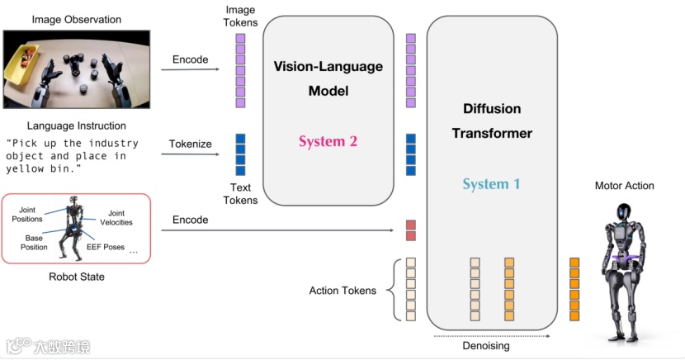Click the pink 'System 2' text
(328, 141)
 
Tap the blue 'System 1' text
(492, 184)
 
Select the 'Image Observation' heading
(77, 20)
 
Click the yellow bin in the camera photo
(21, 66)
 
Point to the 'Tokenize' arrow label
(190, 144)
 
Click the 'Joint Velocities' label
(116, 218)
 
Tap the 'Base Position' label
(34, 243)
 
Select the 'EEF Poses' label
(106, 247)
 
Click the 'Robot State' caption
(77, 277)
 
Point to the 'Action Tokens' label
(342, 291)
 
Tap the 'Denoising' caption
(486, 346)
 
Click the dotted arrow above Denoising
(492, 336)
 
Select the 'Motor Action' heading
(624, 186)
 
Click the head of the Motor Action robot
(623, 212)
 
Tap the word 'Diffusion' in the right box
(492, 108)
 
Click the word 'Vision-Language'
(328, 66)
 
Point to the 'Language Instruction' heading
(77, 126)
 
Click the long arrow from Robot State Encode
(277, 230)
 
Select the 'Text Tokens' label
(240, 193)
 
